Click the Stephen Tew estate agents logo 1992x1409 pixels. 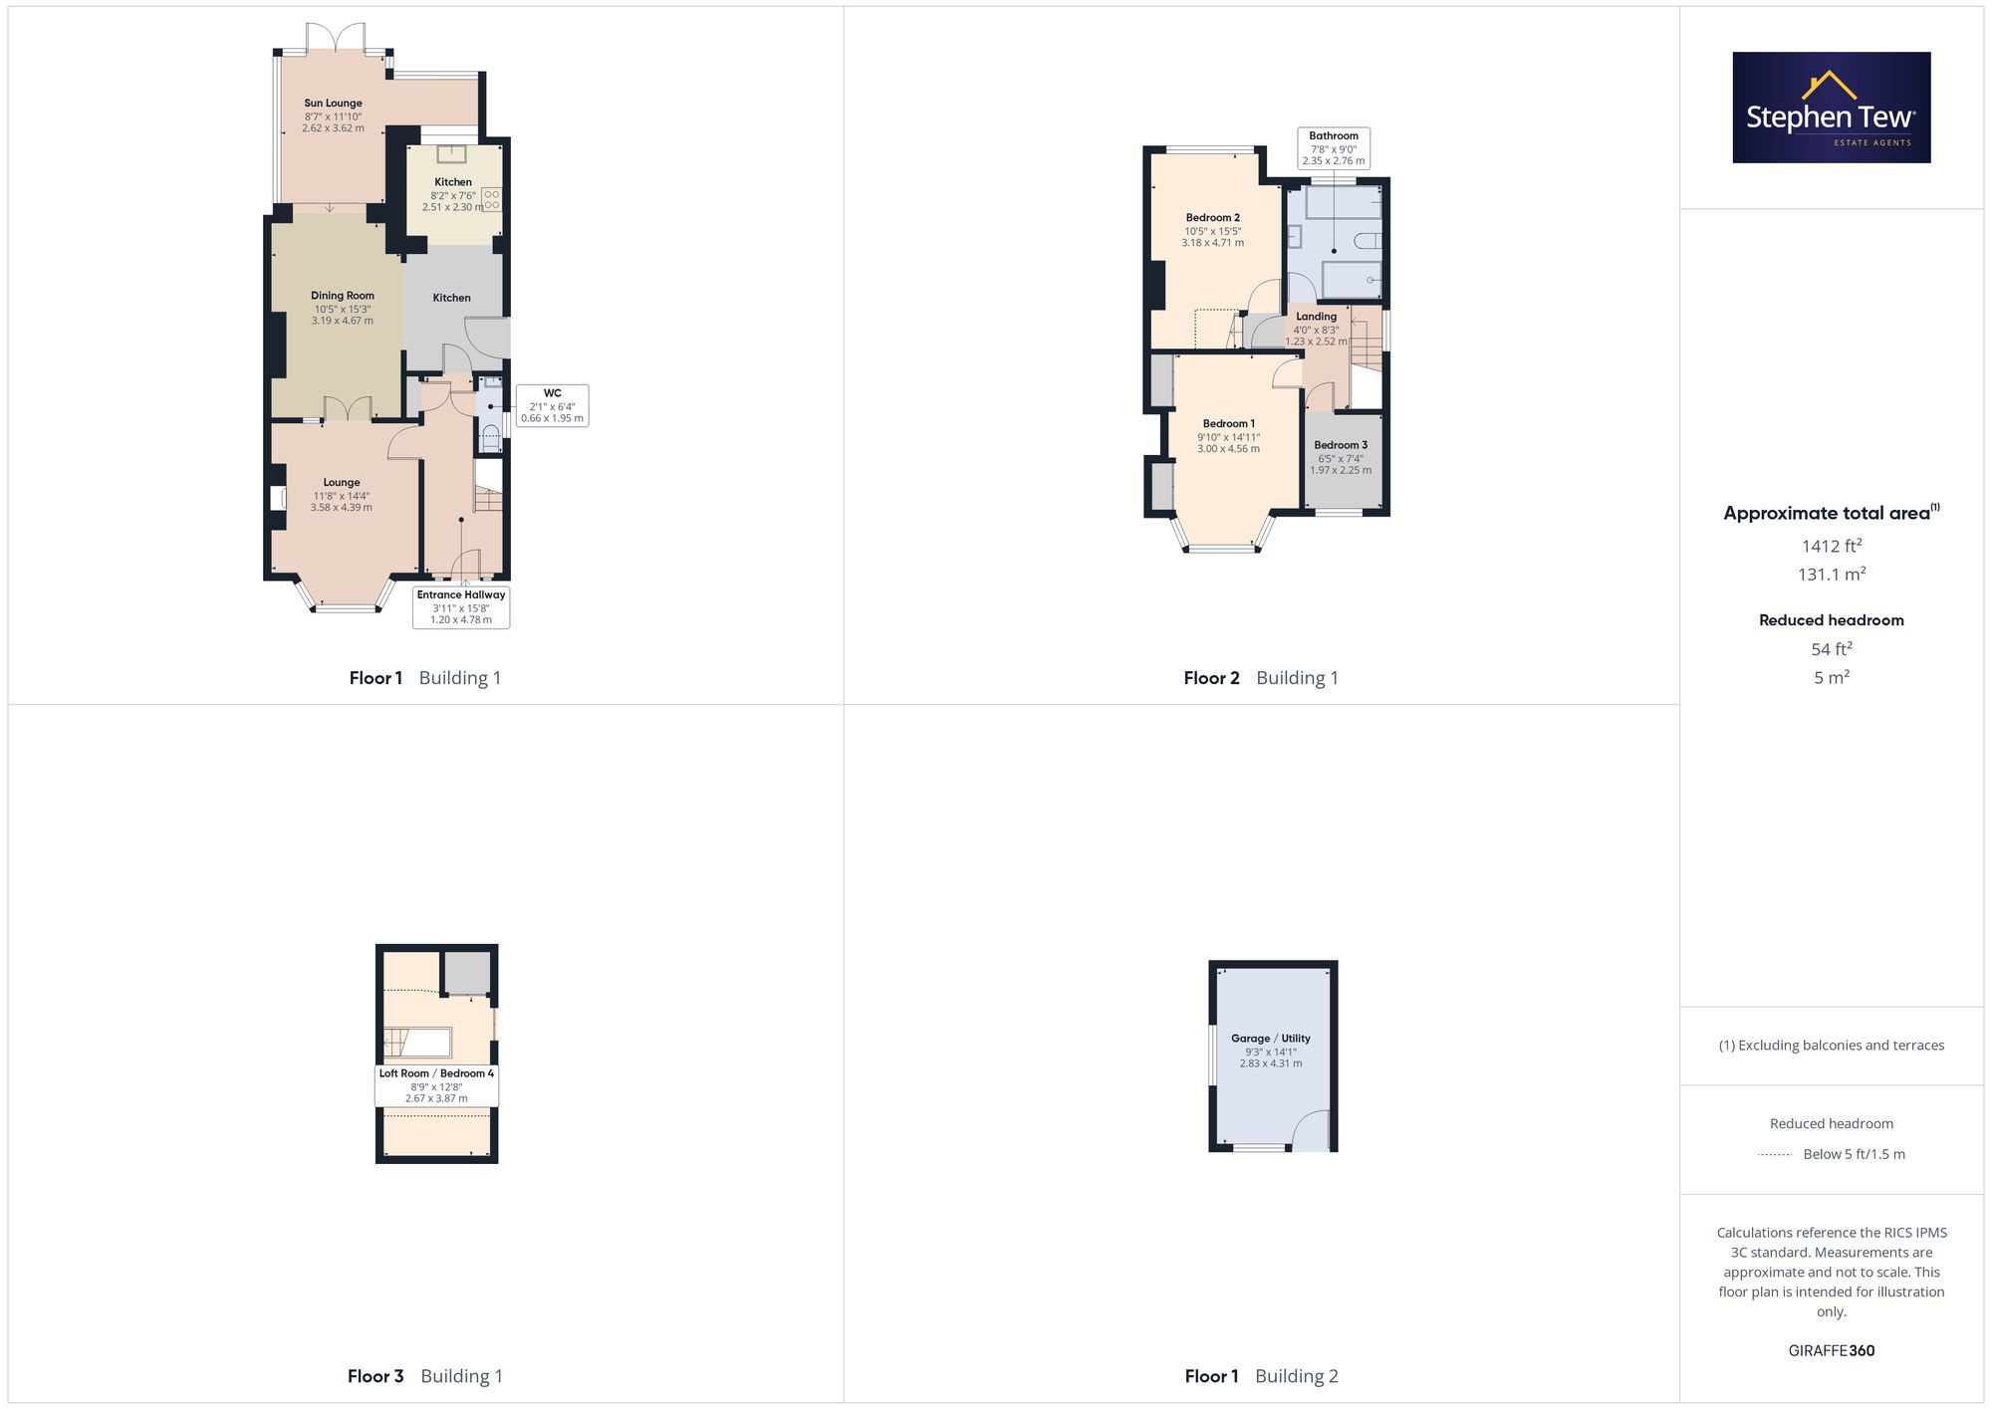click(1832, 108)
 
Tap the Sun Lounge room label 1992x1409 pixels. click(334, 103)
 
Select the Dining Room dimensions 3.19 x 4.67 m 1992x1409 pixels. click(343, 321)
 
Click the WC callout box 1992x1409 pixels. click(553, 405)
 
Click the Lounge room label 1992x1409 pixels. click(342, 483)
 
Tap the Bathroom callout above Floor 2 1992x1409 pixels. click(1334, 148)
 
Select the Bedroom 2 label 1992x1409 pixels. click(1213, 218)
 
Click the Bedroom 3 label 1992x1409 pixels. click(1341, 445)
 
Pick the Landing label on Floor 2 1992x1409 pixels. click(1317, 317)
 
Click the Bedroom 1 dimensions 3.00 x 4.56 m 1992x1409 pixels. click(1229, 449)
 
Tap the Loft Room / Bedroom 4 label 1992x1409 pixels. click(436, 1073)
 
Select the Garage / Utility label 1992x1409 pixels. click(1271, 1039)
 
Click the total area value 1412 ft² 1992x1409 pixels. click(1832, 546)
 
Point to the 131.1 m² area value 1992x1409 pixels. click(1832, 575)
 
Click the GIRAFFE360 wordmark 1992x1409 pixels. click(1832, 1351)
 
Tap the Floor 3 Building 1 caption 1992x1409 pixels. click(425, 1376)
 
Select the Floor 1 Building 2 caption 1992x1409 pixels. click(1262, 1376)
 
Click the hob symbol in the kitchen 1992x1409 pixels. click(491, 199)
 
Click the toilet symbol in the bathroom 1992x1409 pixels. click(1368, 240)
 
